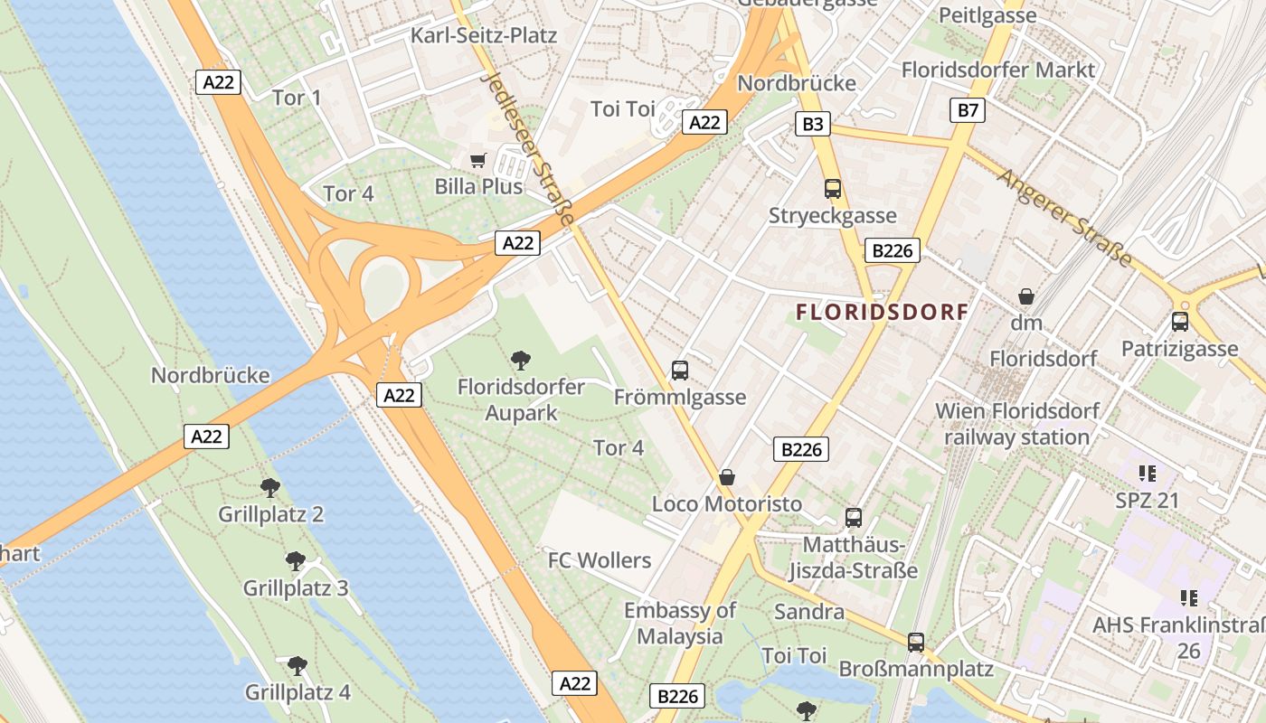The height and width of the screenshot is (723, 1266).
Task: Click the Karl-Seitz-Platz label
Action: tap(484, 35)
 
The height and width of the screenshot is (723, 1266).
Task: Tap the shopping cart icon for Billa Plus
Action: tap(478, 161)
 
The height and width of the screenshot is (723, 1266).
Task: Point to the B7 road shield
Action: tap(968, 110)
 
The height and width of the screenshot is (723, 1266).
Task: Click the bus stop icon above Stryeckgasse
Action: tap(833, 189)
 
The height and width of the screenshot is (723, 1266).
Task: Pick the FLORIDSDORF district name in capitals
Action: tap(882, 313)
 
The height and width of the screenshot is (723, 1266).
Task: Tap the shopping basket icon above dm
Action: tap(1026, 296)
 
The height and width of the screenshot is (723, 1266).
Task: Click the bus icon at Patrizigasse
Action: tap(1179, 322)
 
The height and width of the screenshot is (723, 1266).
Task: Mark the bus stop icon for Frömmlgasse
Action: tap(680, 371)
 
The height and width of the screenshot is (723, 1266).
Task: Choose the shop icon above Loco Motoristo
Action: tap(727, 477)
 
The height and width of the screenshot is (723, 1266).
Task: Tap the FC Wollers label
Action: tap(600, 560)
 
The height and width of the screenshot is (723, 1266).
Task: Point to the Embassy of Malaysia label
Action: tap(680, 623)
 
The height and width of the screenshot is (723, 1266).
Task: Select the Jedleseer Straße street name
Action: tap(529, 149)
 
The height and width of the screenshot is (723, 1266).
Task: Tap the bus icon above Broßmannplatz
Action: tap(916, 643)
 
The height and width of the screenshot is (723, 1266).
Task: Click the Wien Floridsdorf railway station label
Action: tap(1017, 424)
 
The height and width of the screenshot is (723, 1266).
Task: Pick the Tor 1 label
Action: tap(297, 98)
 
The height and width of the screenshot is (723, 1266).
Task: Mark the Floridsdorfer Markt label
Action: tap(998, 70)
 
